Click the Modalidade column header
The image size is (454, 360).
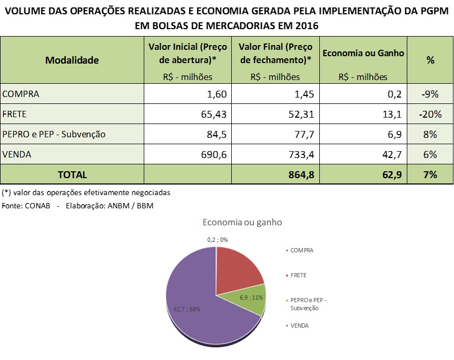pos(72,60)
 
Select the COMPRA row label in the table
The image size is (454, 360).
pos(21,94)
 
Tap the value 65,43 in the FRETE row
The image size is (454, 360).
pos(214,115)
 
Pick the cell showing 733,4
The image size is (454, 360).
pos(301,154)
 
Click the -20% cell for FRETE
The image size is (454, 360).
pos(430,115)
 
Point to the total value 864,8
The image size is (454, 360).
pos(301,175)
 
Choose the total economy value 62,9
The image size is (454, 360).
pos(392,175)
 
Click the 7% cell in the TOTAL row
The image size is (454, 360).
pos(430,175)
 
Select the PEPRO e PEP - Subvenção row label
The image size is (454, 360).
pos(54,134)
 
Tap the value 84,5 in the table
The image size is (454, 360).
pos(216,135)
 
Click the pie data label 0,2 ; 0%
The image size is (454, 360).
pos(217,240)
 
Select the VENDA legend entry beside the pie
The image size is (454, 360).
pos(298,326)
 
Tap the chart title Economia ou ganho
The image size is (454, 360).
pos(242,222)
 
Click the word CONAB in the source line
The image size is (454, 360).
pos(37,206)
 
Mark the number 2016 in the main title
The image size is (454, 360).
pos(307,26)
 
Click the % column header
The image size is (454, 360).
pos(430,60)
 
